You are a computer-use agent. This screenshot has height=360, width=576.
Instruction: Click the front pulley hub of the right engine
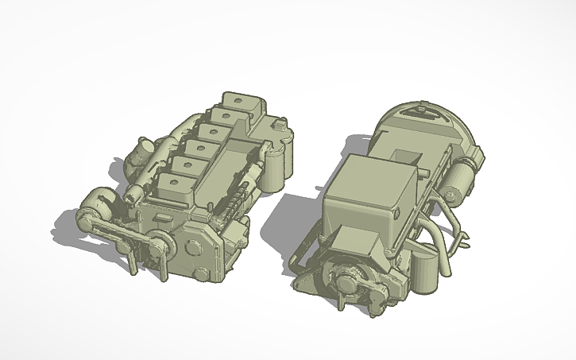pos(350,280)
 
